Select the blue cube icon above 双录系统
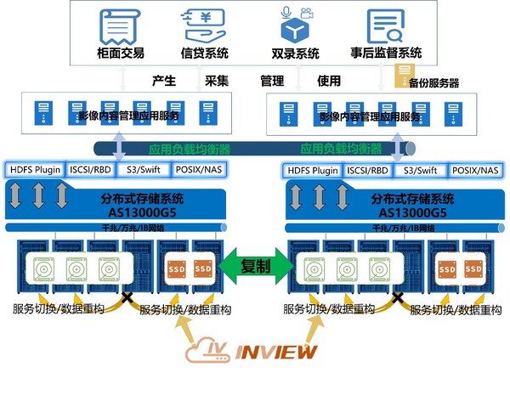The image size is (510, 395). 295,25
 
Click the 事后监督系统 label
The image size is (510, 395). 388,54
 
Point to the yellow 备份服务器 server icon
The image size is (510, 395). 405,74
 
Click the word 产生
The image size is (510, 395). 163,82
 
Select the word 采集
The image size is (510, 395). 218,82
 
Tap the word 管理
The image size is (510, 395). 271,82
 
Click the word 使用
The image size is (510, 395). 328,82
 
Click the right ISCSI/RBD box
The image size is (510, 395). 367,170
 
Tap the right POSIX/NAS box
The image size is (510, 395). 475,170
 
